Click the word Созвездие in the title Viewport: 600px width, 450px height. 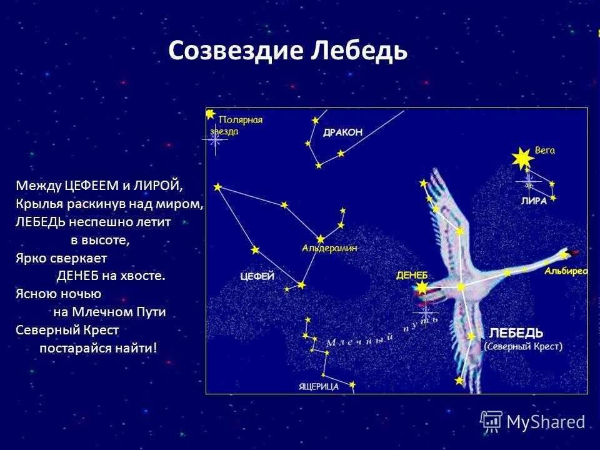click(236, 51)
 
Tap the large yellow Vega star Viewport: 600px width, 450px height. click(520, 159)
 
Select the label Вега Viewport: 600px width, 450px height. click(544, 151)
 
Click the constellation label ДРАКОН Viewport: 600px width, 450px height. click(342, 132)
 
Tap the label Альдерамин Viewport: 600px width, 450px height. click(329, 248)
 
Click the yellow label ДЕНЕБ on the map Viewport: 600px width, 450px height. click(412, 276)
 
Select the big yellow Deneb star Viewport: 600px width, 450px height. click(422, 288)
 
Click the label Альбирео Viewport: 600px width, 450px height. click(566, 271)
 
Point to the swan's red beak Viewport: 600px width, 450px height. click(573, 253)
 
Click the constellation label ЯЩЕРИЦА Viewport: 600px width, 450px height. click(319, 386)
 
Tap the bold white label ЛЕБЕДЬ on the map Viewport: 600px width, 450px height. click(516, 332)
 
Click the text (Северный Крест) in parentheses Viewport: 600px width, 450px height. click(523, 346)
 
